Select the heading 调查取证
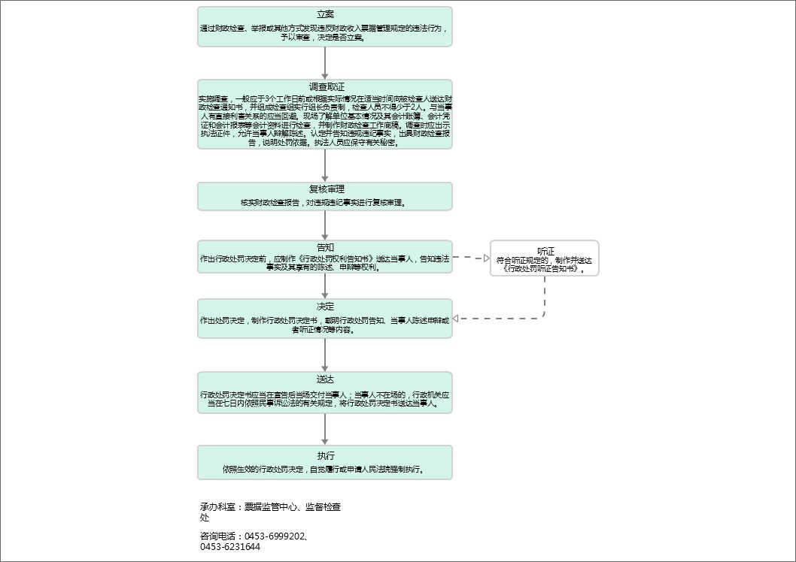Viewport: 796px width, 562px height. (x=325, y=87)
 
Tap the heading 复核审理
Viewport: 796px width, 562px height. (x=325, y=189)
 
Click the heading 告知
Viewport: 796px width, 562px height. (x=325, y=247)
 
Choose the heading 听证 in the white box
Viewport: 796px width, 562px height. (x=545, y=251)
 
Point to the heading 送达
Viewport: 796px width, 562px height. (x=325, y=379)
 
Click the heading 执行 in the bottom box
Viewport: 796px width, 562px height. (x=325, y=456)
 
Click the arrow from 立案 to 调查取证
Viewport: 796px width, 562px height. (x=325, y=62)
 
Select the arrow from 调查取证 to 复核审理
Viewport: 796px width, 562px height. (x=325, y=165)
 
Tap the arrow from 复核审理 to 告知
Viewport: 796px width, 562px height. (x=325, y=225)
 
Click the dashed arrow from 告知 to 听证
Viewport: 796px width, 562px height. (x=470, y=258)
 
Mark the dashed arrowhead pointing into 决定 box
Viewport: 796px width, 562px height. (x=455, y=319)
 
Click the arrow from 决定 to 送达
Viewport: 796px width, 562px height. (x=325, y=355)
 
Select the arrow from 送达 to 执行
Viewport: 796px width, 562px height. (x=325, y=428)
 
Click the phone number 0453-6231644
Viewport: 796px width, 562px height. (x=230, y=547)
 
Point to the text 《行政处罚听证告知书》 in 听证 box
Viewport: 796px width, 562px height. (x=545, y=268)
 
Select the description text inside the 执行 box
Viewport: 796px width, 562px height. (x=325, y=469)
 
